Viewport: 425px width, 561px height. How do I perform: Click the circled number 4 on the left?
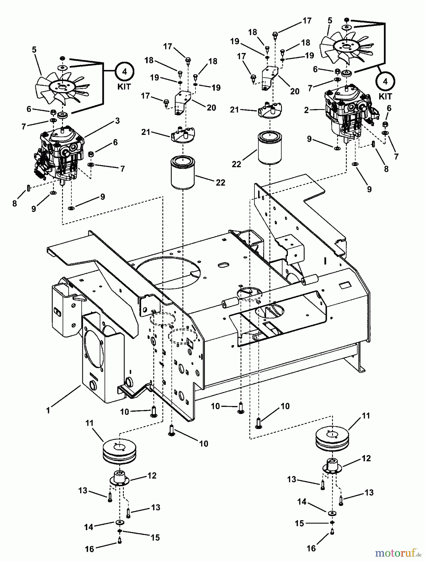tap(124, 72)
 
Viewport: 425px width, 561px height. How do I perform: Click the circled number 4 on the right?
tap(385, 82)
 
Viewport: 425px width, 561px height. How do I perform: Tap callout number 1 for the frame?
tap(48, 410)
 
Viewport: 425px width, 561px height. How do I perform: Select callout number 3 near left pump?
tap(117, 121)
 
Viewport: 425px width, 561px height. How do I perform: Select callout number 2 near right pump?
tap(306, 110)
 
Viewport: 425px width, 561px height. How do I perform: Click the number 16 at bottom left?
tap(89, 549)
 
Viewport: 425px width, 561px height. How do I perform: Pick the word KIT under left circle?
tap(124, 86)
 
